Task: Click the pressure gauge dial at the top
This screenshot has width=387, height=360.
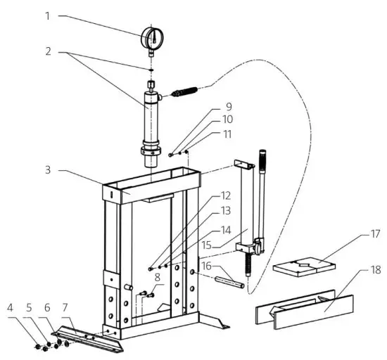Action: pyautogui.click(x=151, y=36)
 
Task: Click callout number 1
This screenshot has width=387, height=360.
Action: pyautogui.click(x=48, y=15)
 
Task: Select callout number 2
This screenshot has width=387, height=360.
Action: pyautogui.click(x=48, y=52)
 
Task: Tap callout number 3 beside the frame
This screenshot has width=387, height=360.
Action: pyautogui.click(x=48, y=170)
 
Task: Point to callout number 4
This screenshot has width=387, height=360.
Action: pyautogui.click(x=10, y=307)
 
